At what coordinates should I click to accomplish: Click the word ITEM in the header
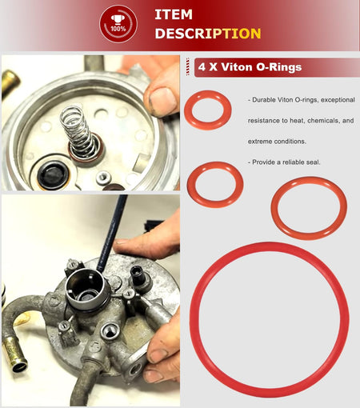click(174, 14)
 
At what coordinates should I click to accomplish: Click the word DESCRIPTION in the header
click(208, 34)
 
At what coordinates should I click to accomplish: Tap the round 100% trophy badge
click(118, 24)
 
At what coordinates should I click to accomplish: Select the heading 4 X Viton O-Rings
click(250, 67)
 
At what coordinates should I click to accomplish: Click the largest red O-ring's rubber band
click(270, 246)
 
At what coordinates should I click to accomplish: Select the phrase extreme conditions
click(277, 142)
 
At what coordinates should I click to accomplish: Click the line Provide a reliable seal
click(284, 162)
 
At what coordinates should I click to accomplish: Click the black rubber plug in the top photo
click(52, 174)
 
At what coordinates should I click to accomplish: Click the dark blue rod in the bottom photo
click(111, 233)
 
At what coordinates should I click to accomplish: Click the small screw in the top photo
click(103, 178)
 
